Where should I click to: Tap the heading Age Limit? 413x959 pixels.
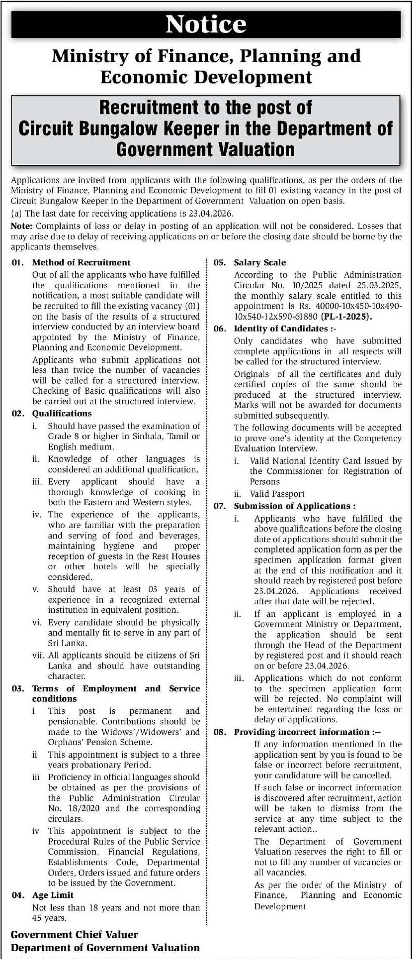[x=52, y=895]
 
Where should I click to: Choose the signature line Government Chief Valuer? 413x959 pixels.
[x=74, y=935]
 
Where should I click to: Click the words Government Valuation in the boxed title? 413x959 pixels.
[x=205, y=150]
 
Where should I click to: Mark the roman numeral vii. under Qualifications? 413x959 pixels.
[x=37, y=655]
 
